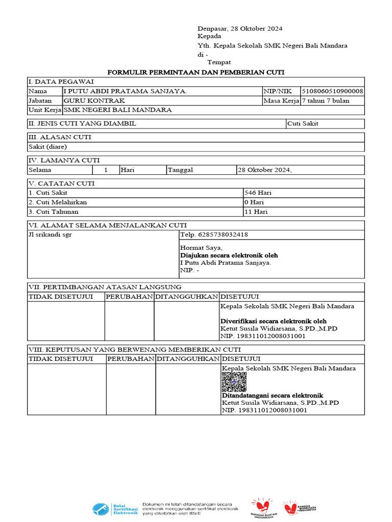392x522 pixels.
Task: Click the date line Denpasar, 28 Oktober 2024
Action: point(240,29)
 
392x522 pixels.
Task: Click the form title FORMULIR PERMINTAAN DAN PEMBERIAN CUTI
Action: point(195,72)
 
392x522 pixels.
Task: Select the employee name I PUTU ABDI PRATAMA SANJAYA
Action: point(125,91)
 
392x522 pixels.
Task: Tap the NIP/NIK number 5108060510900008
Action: point(332,91)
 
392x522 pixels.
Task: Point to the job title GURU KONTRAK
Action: point(94,101)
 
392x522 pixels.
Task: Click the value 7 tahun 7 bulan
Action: point(326,101)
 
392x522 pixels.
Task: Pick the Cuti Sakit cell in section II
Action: point(303,124)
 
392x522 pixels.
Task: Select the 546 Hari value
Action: point(258,193)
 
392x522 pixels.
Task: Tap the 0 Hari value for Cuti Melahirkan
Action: point(255,202)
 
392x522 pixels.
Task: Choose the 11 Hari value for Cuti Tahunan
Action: point(256,212)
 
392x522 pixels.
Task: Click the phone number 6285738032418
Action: point(214,235)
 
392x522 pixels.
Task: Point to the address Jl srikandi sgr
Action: point(50,235)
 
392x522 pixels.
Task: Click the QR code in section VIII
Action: point(234,382)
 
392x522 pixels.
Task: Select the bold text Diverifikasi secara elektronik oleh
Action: point(273,321)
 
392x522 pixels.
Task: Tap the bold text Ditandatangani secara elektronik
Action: point(272,396)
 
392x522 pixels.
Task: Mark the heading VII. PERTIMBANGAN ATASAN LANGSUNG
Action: point(105,287)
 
